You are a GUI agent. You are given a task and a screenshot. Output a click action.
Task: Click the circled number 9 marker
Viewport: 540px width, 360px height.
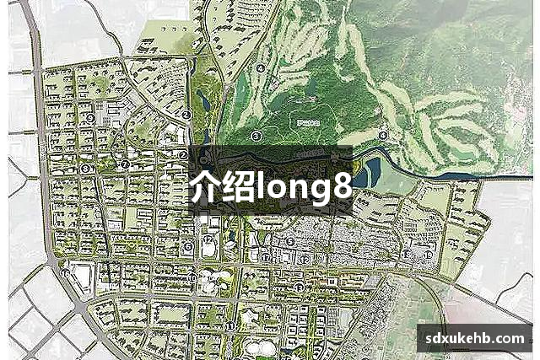(x=90, y=118)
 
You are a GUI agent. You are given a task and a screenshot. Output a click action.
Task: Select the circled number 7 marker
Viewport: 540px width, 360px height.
(x=124, y=164)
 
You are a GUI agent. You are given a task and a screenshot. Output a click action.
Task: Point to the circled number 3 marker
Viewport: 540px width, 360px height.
(x=256, y=136)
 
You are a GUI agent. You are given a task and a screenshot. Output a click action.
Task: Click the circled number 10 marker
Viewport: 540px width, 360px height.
(x=193, y=277)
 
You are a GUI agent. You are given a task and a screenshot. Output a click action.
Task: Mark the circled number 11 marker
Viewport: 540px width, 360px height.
(x=230, y=325)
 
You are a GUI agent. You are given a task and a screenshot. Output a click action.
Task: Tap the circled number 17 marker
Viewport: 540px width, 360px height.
(x=266, y=257)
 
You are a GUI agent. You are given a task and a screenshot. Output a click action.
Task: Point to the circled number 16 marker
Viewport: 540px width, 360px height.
(x=67, y=272)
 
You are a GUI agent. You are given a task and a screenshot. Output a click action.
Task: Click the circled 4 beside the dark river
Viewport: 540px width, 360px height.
(x=383, y=135)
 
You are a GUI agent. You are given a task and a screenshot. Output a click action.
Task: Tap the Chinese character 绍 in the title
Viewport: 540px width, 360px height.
(x=241, y=185)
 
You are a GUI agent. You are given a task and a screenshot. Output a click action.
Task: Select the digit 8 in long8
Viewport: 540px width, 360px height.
(x=341, y=186)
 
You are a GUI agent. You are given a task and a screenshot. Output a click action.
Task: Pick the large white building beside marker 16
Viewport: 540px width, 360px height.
(x=84, y=274)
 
